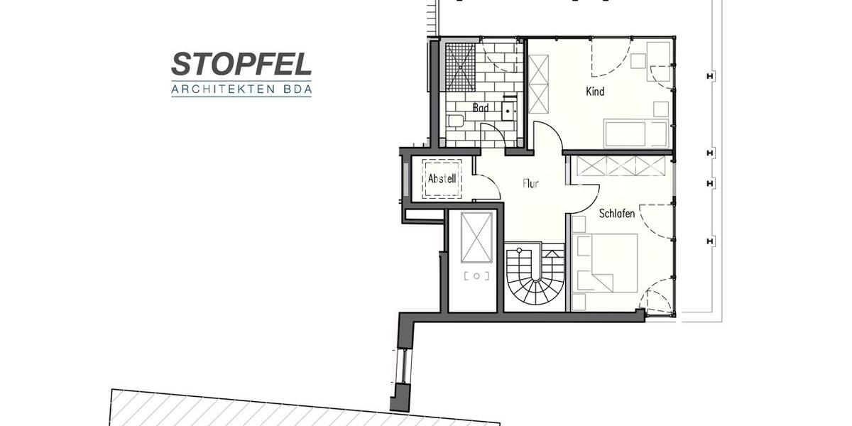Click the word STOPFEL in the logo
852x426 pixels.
[x=241, y=64]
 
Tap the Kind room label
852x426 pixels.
[x=595, y=92]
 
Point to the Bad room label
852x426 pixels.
[x=480, y=109]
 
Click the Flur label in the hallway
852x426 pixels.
[x=530, y=183]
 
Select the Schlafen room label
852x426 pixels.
[x=616, y=213]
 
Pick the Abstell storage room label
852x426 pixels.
[x=442, y=179]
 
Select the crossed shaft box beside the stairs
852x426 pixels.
[x=476, y=236]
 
